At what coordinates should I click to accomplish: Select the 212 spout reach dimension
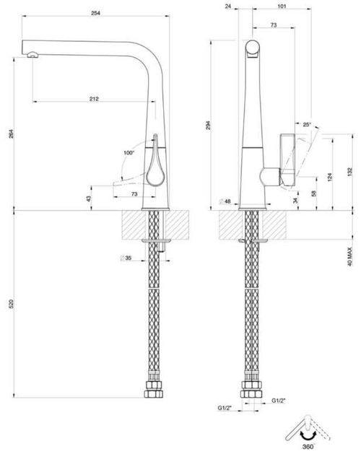(x=95, y=98)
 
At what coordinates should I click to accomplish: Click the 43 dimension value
(x=90, y=198)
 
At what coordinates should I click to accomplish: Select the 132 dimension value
(x=349, y=170)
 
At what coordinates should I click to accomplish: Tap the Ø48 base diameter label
(x=226, y=201)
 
